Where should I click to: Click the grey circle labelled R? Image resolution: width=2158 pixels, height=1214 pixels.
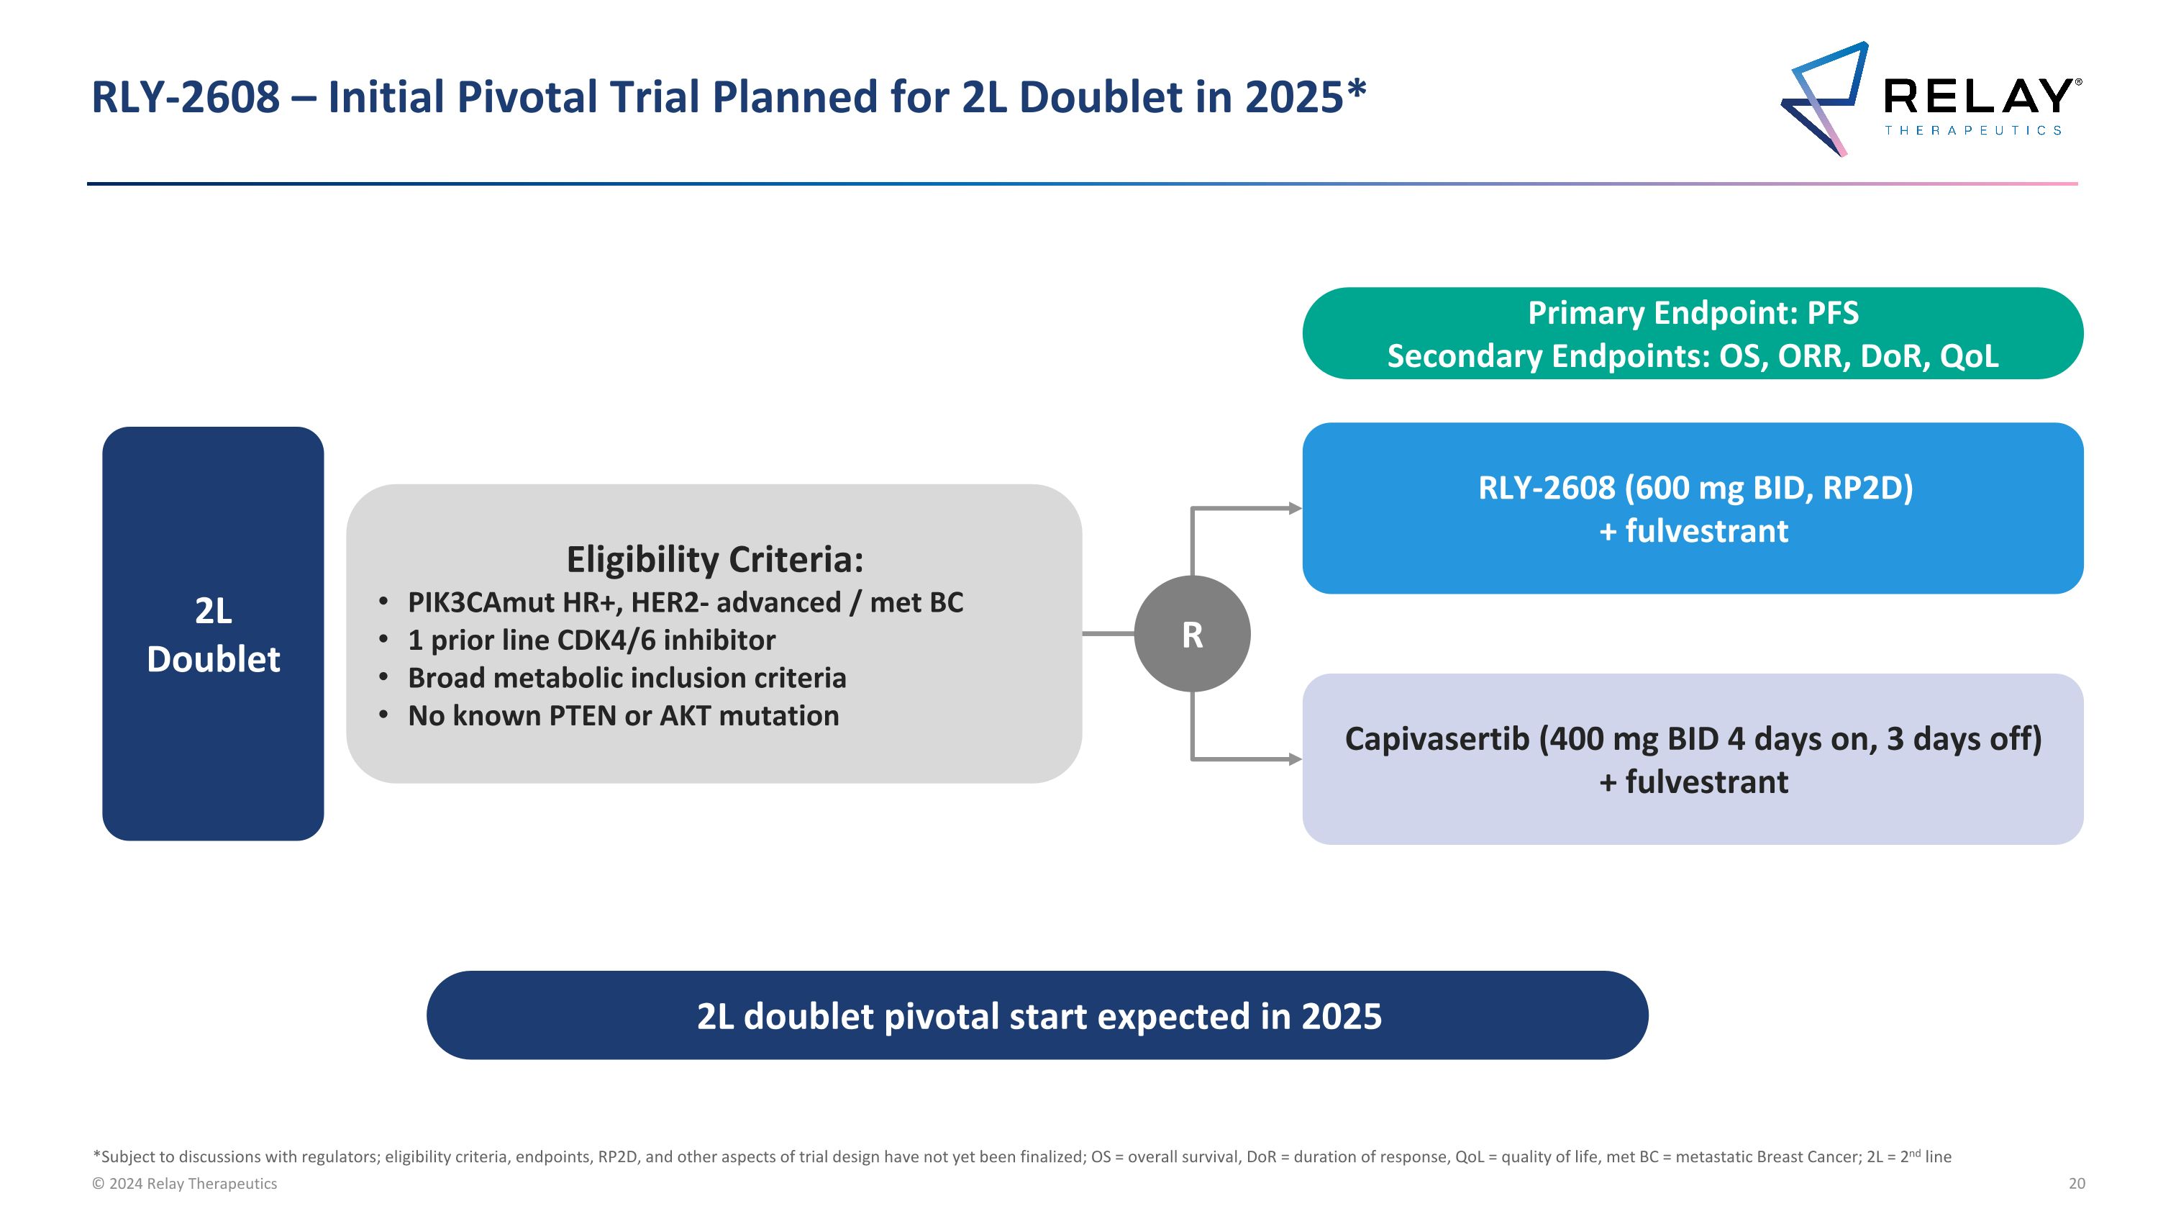[1192, 634]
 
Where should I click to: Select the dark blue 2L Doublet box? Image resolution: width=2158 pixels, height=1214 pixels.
[213, 633]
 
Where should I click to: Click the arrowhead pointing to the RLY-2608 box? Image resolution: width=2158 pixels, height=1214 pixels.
[1295, 509]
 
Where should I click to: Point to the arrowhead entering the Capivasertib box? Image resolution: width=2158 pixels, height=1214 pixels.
[1295, 759]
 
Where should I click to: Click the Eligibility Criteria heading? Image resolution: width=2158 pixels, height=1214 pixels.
[714, 560]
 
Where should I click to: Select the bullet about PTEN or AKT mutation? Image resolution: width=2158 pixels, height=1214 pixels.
[622, 715]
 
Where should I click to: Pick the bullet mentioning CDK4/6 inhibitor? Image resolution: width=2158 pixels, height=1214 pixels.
[591, 640]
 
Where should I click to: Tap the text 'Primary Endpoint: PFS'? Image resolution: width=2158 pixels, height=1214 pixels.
[1693, 313]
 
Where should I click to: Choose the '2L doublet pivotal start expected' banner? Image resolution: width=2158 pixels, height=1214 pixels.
[1037, 1015]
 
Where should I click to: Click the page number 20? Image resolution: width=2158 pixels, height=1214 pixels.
[2077, 1183]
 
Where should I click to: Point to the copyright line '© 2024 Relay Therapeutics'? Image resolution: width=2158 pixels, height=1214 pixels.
[184, 1183]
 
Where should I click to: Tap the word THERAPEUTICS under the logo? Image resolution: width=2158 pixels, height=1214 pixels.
[1973, 131]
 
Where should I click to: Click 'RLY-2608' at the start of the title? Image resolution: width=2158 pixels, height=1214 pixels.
[185, 97]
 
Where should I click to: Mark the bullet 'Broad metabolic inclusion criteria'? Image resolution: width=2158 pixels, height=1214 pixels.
[627, 678]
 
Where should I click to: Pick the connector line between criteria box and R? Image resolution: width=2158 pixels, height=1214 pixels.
[1108, 634]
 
